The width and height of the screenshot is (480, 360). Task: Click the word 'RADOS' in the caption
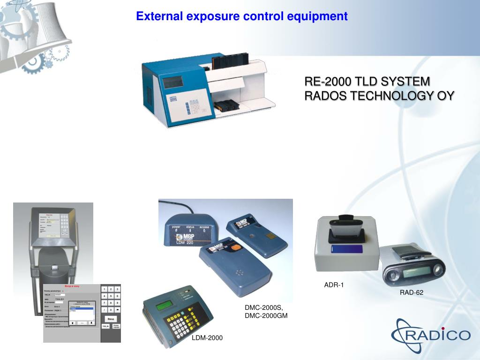(326, 96)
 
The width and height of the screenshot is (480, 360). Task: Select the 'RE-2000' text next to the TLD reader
(327, 82)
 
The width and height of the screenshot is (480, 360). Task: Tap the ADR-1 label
(334, 285)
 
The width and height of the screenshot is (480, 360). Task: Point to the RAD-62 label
(411, 292)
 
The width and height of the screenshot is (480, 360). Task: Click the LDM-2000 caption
(207, 337)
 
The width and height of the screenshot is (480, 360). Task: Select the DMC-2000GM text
(266, 315)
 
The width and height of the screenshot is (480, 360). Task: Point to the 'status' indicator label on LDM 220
(190, 227)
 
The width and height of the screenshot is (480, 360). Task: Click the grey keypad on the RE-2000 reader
(193, 108)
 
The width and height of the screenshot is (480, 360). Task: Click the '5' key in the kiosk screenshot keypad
(111, 296)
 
